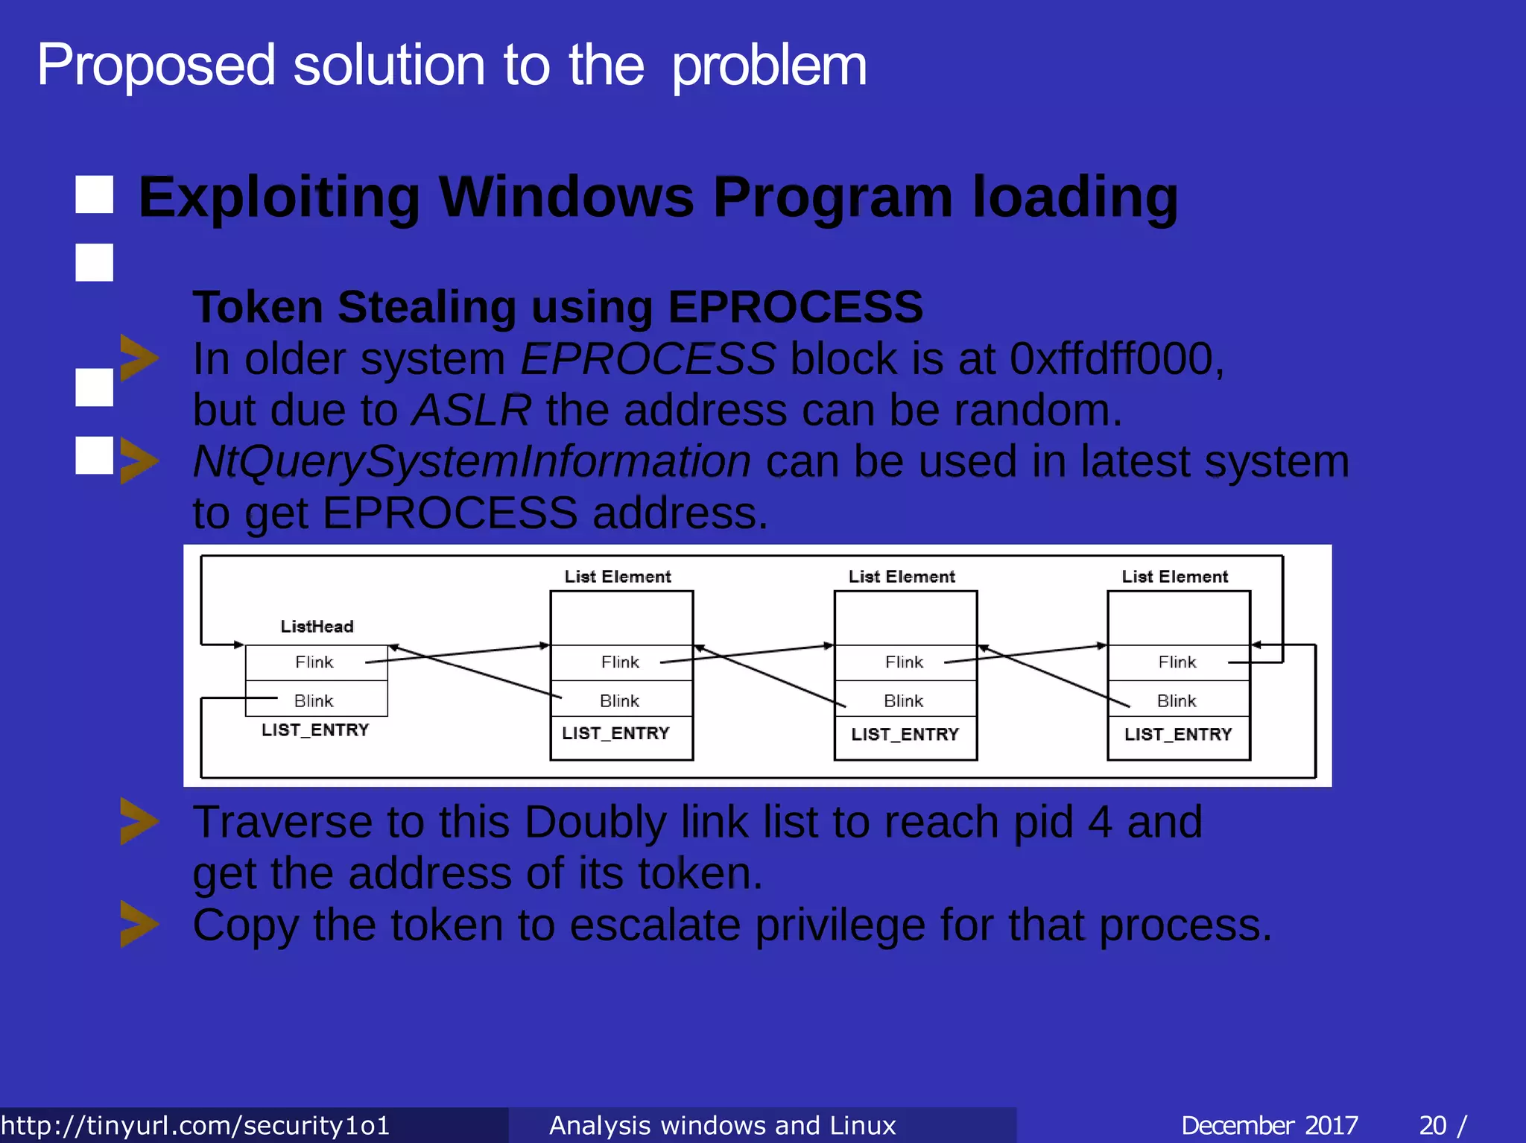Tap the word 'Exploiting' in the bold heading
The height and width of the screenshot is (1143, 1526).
click(x=279, y=198)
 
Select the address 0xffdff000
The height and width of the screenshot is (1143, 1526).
click(x=1115, y=359)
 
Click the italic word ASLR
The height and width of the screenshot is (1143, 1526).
click(x=472, y=411)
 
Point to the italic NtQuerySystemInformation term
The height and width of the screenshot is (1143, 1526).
click(x=472, y=462)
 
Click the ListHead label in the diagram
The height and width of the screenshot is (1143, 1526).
click(x=317, y=627)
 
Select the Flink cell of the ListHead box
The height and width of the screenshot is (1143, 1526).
click(x=314, y=662)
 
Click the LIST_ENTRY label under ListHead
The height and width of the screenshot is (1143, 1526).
click(x=315, y=730)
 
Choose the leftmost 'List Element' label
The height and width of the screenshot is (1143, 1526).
click(x=618, y=577)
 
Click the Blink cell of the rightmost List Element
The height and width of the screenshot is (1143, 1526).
click(x=1177, y=701)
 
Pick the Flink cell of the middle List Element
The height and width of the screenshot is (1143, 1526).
click(x=904, y=662)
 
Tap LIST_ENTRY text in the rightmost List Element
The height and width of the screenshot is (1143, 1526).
click(x=1178, y=735)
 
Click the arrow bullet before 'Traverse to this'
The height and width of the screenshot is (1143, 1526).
click(x=139, y=822)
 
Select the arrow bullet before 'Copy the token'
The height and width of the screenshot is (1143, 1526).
click(x=139, y=925)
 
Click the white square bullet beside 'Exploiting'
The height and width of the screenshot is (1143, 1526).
click(x=95, y=195)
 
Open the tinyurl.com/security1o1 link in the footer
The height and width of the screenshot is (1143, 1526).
click(x=195, y=1125)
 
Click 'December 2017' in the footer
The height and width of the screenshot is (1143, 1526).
click(x=1270, y=1125)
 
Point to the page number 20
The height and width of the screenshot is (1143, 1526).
click(x=1433, y=1125)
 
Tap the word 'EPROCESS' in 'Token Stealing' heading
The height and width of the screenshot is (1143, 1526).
click(x=795, y=307)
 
